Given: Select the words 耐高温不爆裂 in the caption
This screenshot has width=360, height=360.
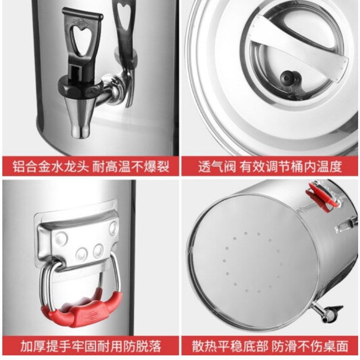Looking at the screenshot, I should (x=131, y=167).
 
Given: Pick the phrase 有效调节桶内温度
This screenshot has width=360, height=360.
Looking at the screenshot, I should (x=291, y=167).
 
